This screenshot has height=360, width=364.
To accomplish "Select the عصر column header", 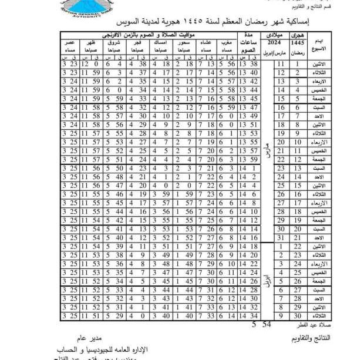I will click(69, 46).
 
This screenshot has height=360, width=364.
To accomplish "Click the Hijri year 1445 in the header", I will click(298, 43).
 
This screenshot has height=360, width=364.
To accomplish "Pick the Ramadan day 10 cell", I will click(298, 142).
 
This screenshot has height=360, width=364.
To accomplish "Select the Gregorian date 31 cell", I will click(280, 237).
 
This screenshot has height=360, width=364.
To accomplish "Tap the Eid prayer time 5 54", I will click(260, 324).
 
